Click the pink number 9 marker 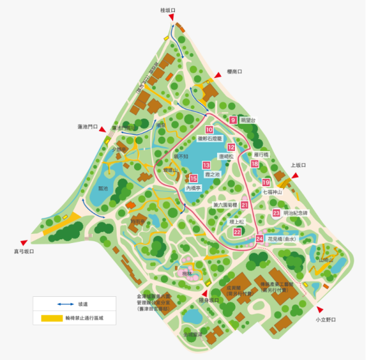point(233,120)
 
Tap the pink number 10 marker point(210,129)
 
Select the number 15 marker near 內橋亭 point(194,178)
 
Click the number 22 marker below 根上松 point(237,231)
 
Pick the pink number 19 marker point(266,182)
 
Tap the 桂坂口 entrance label point(168,10)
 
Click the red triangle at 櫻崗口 point(217,75)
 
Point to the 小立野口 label point(325,320)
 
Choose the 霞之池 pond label point(213,175)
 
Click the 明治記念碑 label point(295,213)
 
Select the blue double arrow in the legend point(56,304)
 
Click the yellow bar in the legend point(56,318)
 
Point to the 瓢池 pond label point(103,188)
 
